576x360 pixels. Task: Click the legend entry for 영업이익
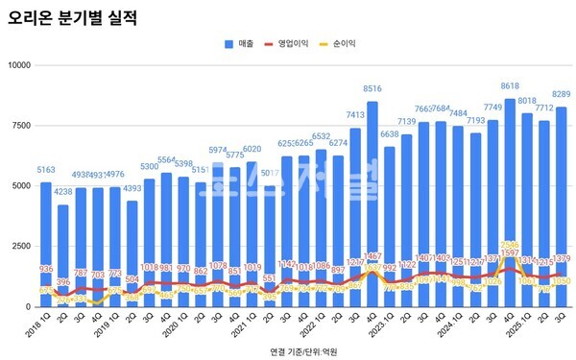pos(289,44)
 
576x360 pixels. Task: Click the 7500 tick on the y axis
pos(23,126)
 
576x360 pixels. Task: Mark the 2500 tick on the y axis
pos(23,247)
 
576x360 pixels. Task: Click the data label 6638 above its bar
pos(389,135)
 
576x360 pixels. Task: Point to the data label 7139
pos(406,123)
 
